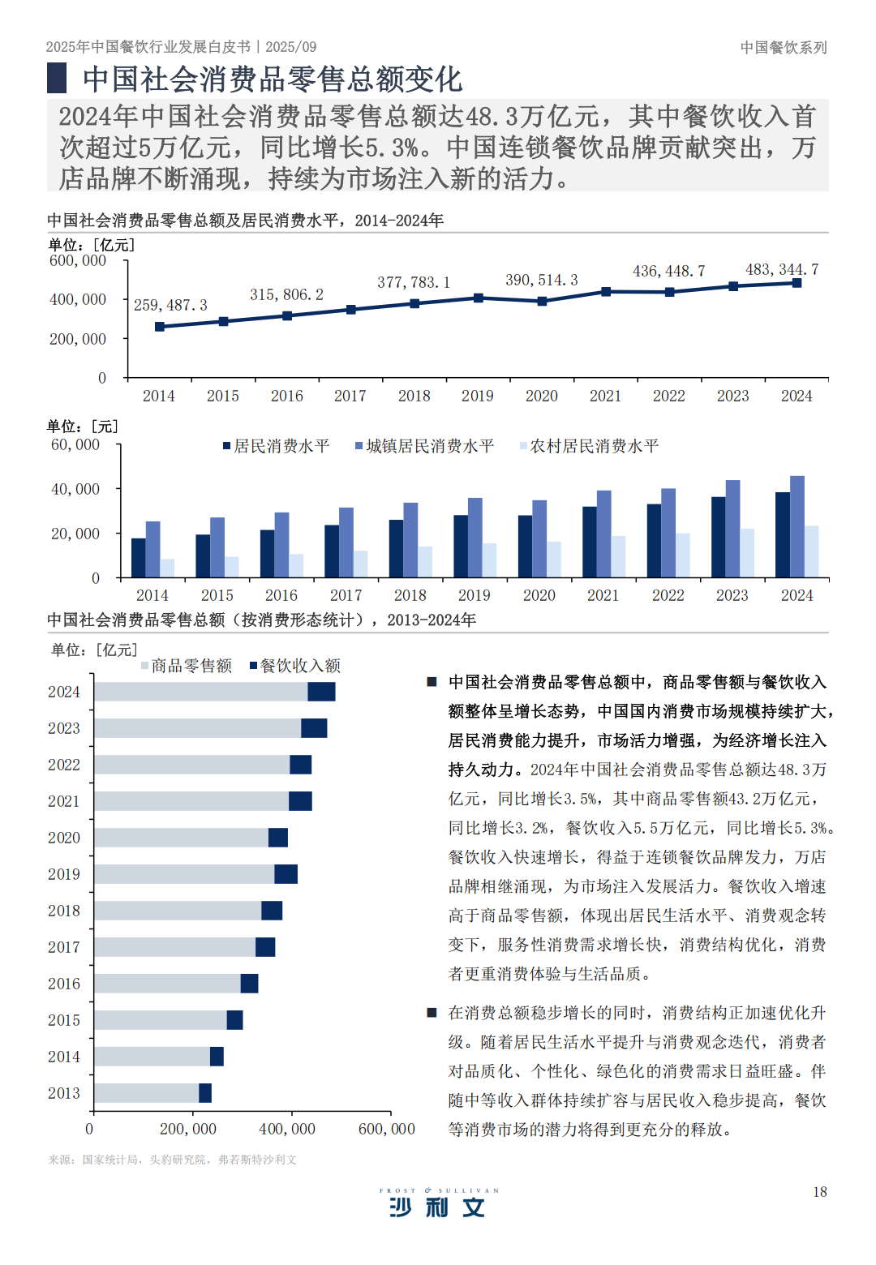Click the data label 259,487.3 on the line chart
click(170, 305)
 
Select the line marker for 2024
click(797, 283)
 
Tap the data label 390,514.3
click(542, 280)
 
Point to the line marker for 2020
click(543, 301)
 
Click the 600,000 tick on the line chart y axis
click(78, 260)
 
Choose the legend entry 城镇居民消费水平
click(424, 446)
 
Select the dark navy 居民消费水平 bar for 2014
click(139, 558)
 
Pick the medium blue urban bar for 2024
click(797, 527)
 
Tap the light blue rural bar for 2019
click(490, 560)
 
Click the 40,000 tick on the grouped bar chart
click(75, 489)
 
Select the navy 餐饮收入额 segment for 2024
click(321, 692)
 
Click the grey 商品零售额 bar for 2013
click(146, 1093)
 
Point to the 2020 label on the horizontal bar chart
click(64, 838)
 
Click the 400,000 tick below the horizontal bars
click(287, 1129)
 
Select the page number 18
click(820, 1191)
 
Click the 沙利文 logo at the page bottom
click(438, 1206)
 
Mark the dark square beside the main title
click(57, 79)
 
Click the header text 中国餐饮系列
click(784, 48)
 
